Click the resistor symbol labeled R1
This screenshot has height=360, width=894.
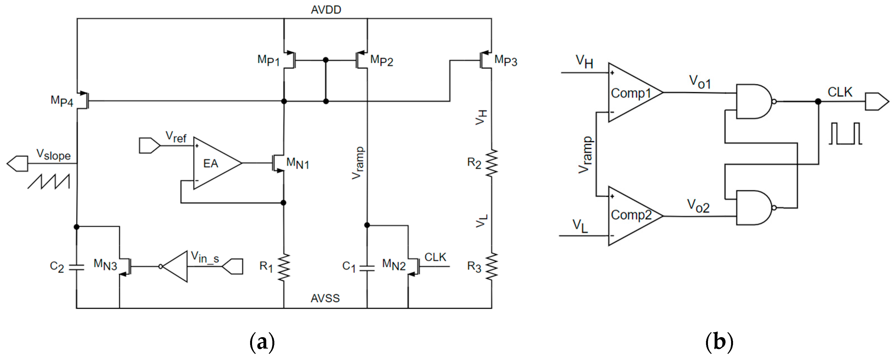[284, 267]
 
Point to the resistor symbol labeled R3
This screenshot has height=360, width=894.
[492, 267]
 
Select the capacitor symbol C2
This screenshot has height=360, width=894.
[77, 267]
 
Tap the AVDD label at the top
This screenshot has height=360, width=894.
[326, 10]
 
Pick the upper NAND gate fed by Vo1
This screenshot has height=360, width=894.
[753, 101]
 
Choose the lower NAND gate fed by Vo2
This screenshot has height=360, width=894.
[753, 208]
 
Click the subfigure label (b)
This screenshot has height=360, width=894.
[719, 342]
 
